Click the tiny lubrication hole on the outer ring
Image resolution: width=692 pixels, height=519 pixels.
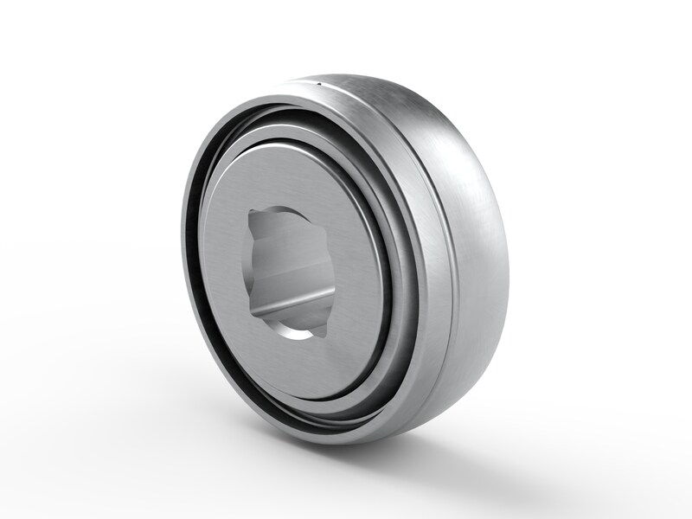tap(319, 84)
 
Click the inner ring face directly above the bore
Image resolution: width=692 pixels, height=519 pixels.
tap(285, 177)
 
